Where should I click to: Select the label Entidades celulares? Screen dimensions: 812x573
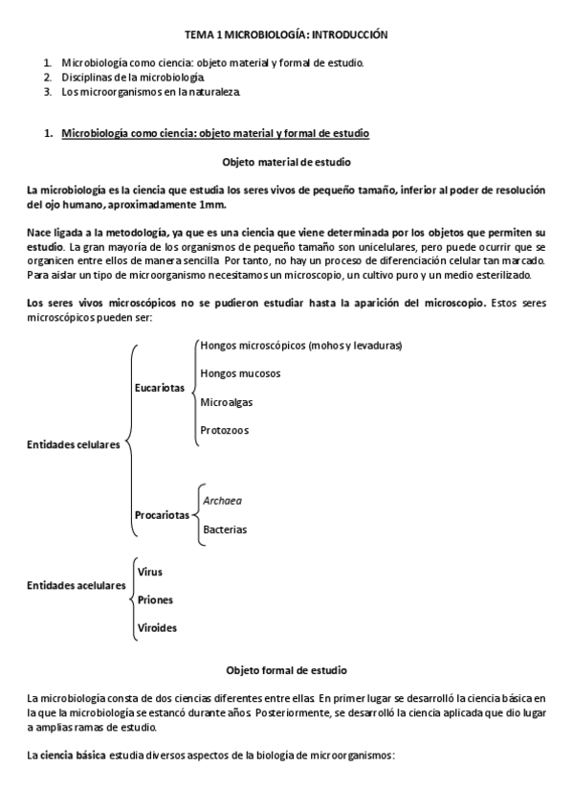pyautogui.click(x=74, y=444)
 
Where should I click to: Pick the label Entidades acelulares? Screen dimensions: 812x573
pyautogui.click(x=77, y=585)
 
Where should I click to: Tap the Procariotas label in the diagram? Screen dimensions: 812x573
pyautogui.click(x=162, y=515)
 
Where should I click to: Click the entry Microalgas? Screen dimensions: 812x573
pyautogui.click(x=227, y=402)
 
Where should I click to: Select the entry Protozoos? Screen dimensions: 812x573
pyautogui.click(x=225, y=431)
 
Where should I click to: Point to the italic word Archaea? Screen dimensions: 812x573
pyautogui.click(x=222, y=500)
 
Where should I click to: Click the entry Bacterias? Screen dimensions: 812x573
pyautogui.click(x=224, y=529)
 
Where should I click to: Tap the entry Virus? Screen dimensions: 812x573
pyautogui.click(x=150, y=572)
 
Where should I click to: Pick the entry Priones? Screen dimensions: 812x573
pyautogui.click(x=155, y=599)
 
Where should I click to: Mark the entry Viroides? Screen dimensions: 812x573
pyautogui.click(x=157, y=628)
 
